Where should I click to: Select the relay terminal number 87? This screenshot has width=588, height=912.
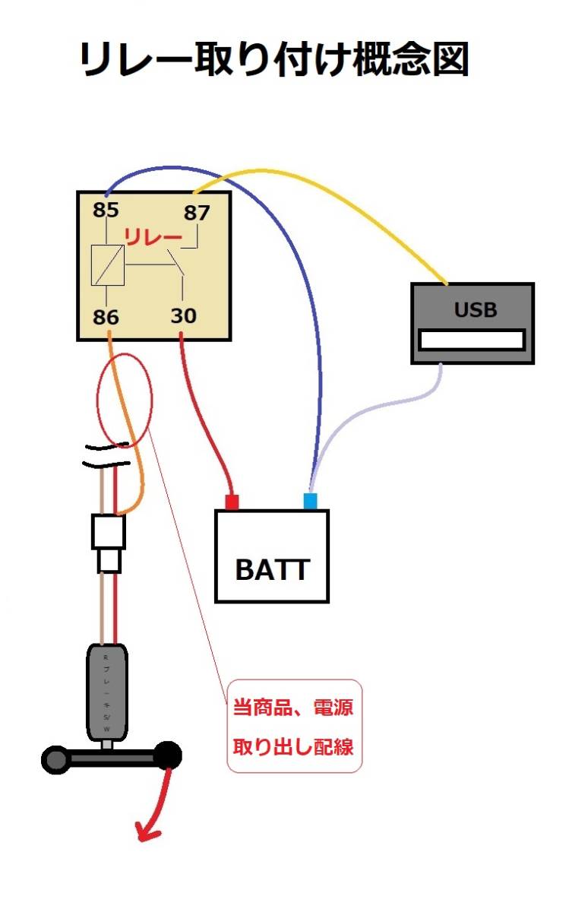pyautogui.click(x=196, y=213)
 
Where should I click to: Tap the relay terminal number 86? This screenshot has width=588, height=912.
pyautogui.click(x=106, y=316)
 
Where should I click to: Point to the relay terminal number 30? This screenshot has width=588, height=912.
pyautogui.click(x=183, y=315)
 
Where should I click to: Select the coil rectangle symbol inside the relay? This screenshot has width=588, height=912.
pyautogui.click(x=107, y=266)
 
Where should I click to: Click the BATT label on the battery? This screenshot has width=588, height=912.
pyautogui.click(x=272, y=569)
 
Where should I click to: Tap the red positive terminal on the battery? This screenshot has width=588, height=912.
pyautogui.click(x=231, y=501)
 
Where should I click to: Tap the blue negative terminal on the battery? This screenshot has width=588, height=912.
pyautogui.click(x=310, y=501)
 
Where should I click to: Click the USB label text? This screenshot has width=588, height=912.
pyautogui.click(x=476, y=309)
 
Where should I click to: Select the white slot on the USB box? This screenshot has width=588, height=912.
pyautogui.click(x=473, y=340)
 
